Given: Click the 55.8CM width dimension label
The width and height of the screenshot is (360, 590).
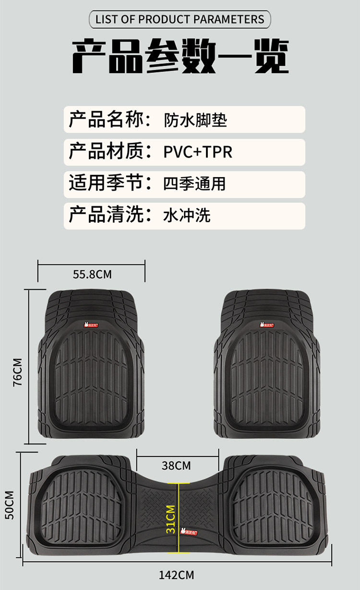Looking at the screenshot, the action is pos(92,275).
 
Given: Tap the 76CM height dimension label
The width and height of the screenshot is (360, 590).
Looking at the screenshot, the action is pos(18,372).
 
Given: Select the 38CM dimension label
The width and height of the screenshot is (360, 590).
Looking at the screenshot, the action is pos(176,466).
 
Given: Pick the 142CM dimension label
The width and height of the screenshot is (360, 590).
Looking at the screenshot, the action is pos(177,575).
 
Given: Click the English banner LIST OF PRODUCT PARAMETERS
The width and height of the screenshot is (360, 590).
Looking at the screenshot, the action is pos(180,20).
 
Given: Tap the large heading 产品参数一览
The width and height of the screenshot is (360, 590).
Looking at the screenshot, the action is pos(180,57).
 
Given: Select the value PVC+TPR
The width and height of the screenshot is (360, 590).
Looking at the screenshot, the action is pos(198,152).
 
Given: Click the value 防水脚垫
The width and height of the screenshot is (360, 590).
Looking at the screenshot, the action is pos(194,120).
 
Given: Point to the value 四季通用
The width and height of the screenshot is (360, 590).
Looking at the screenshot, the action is pos(194,183).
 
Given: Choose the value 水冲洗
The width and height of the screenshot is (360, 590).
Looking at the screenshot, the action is pos(187,216).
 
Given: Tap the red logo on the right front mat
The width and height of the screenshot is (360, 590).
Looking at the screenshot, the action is pos(267,325).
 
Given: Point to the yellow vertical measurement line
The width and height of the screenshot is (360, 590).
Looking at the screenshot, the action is pos(179,518).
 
